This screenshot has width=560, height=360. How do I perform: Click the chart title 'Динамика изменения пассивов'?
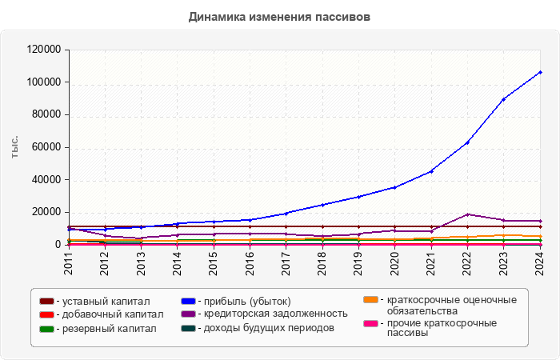(280, 16)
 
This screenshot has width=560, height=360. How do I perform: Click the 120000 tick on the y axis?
(45, 50)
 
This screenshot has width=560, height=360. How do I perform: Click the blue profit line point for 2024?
(540, 72)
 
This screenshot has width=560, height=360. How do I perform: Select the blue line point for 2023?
(503, 99)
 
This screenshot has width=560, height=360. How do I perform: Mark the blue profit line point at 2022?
(467, 142)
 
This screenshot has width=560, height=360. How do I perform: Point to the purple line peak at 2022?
(467, 214)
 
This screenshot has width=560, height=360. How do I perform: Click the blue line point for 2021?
(431, 171)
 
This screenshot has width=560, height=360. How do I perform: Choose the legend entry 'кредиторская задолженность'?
(271, 314)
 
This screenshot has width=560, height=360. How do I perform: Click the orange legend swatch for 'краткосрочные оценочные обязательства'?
(370, 300)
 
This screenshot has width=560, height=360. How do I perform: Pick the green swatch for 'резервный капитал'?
(47, 328)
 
